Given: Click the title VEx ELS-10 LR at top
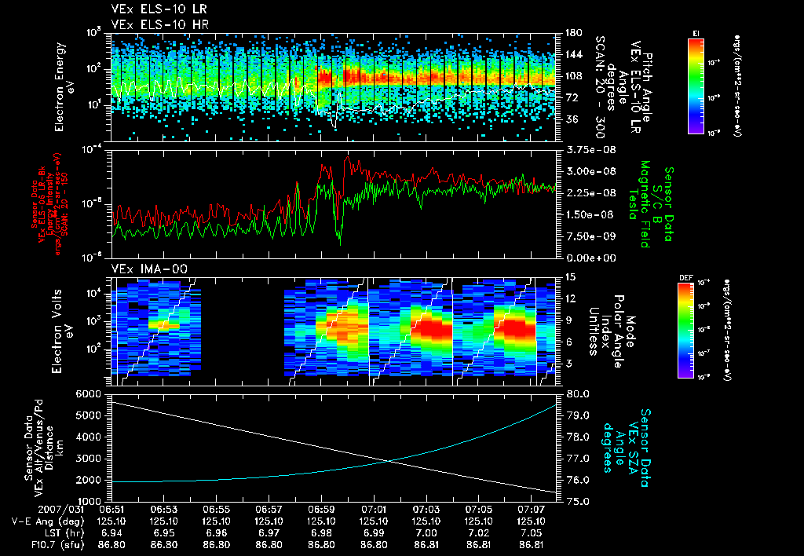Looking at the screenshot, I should (x=152, y=9).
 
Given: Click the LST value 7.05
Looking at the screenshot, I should (x=532, y=532).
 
